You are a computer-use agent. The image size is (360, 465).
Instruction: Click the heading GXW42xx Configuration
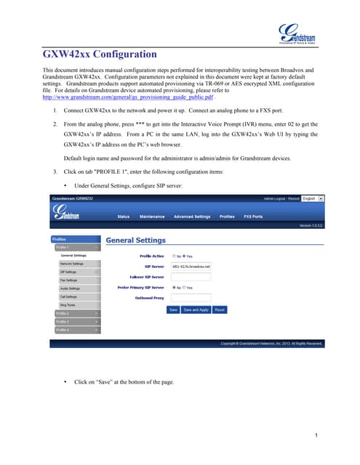coord(100,54)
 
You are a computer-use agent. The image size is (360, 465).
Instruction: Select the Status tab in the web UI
coord(124,216)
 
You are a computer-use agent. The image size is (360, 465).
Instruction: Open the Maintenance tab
coord(152,216)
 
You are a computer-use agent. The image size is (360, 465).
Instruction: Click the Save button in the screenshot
coord(173,309)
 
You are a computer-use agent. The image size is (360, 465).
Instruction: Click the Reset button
coord(220,309)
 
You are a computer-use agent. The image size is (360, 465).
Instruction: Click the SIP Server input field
coord(190,267)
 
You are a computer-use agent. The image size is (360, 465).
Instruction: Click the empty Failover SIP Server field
coord(190,277)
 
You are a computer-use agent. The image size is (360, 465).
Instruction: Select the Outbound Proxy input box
coord(190,297)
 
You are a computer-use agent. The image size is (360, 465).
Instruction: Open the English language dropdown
coord(313,198)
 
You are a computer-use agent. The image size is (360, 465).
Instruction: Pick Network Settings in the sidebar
coord(71,263)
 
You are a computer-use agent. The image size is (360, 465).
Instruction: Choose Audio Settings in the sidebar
coord(71,288)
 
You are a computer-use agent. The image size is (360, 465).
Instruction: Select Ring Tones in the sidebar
coord(68,304)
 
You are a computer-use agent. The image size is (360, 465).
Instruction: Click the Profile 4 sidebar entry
coord(63,329)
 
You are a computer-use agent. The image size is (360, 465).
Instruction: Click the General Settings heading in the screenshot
coord(136,240)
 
